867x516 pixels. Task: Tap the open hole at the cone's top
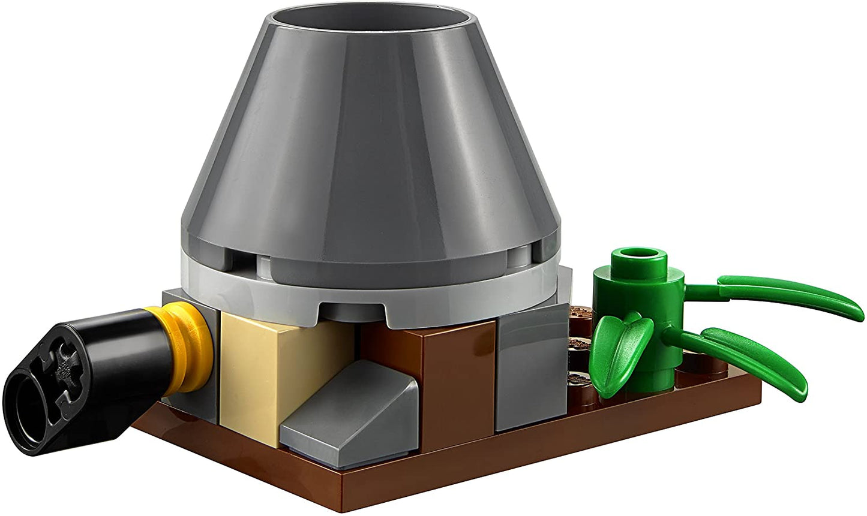coord(372,27)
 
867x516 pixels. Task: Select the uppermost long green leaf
coord(786,294)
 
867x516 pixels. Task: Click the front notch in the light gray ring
coord(351,310)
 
